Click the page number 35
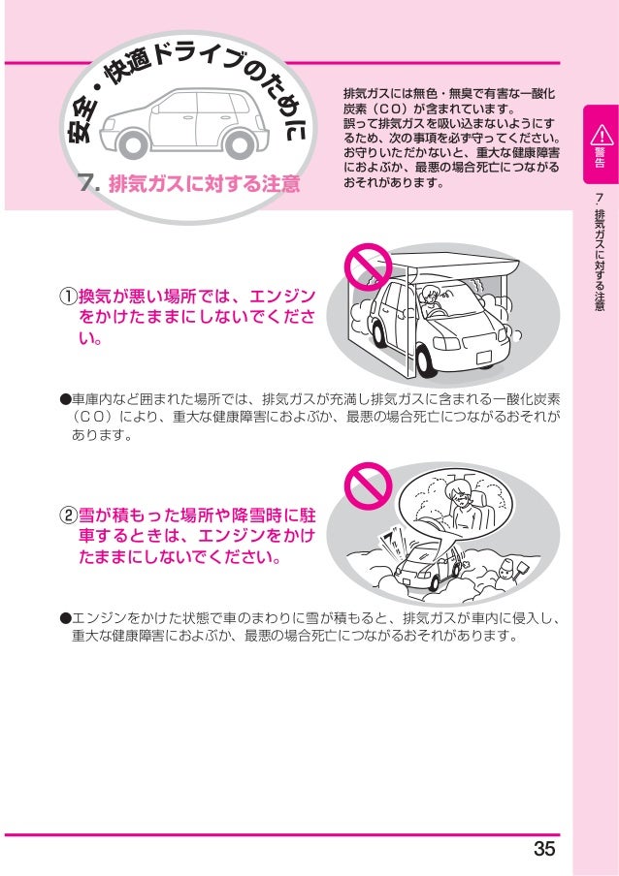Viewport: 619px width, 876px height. pos(544,850)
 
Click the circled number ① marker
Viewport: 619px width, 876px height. pos(67,296)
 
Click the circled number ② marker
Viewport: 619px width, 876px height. pos(67,514)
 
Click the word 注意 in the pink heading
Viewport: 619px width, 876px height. pos(279,183)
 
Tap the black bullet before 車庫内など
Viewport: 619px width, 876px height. pos(65,398)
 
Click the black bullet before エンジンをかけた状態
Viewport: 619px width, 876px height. pos(65,616)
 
